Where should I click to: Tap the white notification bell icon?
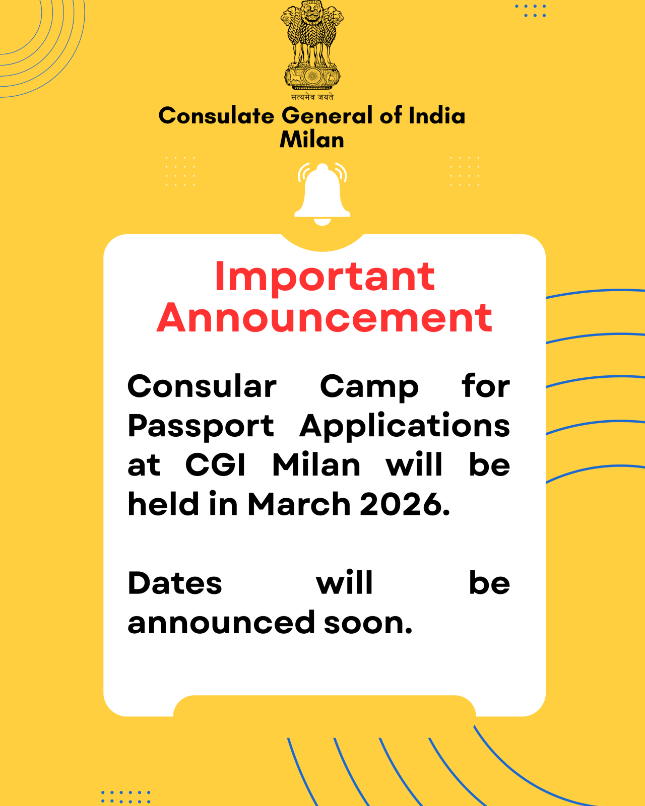point(322,193)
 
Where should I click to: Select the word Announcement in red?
point(325,318)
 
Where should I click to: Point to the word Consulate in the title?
point(216,116)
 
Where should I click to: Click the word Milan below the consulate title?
point(312,140)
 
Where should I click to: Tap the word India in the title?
point(437,116)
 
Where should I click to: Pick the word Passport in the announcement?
point(201,426)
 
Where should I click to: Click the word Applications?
point(405,426)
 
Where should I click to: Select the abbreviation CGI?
point(215,464)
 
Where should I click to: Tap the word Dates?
point(174,583)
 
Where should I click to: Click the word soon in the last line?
point(368,623)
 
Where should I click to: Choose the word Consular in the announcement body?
point(202,387)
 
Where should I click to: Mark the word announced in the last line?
point(221,623)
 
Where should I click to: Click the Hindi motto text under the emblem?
point(312,97)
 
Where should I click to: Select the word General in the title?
point(327,116)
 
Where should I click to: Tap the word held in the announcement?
point(163,504)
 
